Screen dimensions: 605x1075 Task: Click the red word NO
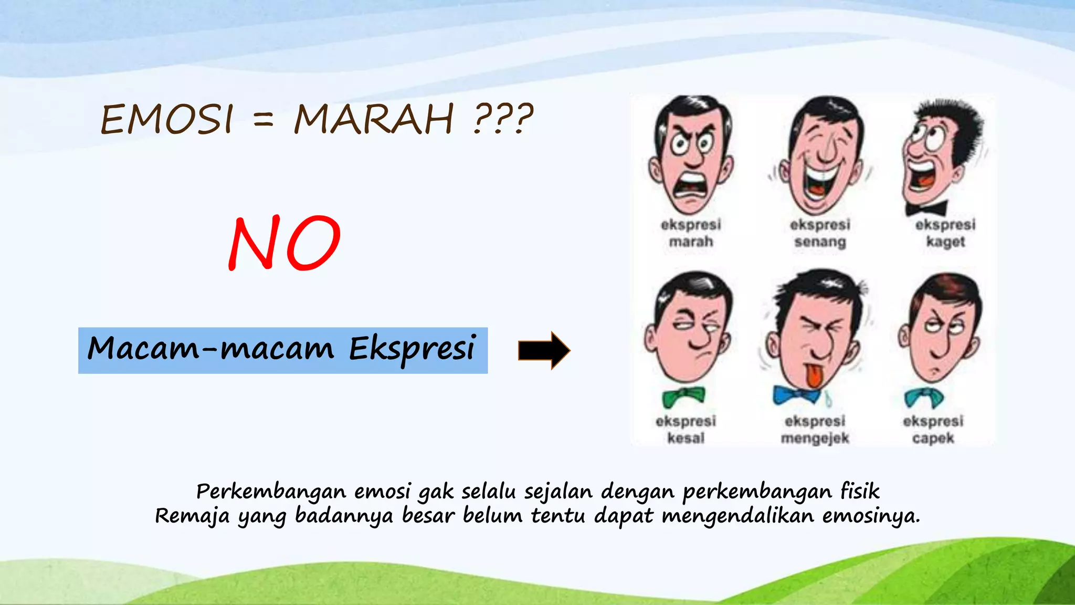coord(284,243)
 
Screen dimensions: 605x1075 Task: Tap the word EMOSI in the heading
coord(167,119)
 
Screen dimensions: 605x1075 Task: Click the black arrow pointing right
coord(544,350)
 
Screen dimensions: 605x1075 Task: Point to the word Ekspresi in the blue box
coord(412,349)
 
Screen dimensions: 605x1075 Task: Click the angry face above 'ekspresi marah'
coord(691,155)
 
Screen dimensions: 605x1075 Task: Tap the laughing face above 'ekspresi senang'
coord(821,155)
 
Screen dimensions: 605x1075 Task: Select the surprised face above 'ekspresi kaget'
coord(940,155)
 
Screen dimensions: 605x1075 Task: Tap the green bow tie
coord(683,397)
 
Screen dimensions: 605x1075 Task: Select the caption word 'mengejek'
coord(815,439)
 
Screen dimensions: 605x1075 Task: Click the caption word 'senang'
coord(820,242)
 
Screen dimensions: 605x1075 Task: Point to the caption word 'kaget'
coord(945,242)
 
